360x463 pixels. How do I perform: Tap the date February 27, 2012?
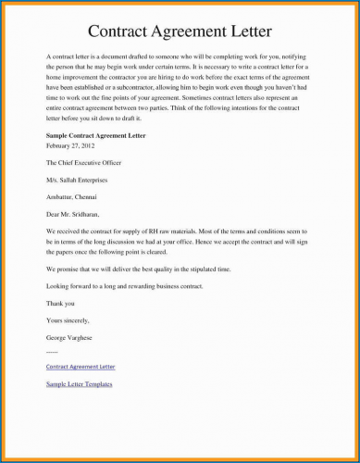pyautogui.click(x=69, y=145)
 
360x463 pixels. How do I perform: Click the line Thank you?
pyautogui.click(x=60, y=303)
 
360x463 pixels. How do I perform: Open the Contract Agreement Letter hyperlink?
pyautogui.click(x=81, y=367)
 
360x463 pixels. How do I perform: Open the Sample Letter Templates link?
pyautogui.click(x=80, y=383)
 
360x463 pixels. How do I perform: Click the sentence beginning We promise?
pyautogui.click(x=143, y=269)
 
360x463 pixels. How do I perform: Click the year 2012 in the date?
pyautogui.click(x=86, y=145)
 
